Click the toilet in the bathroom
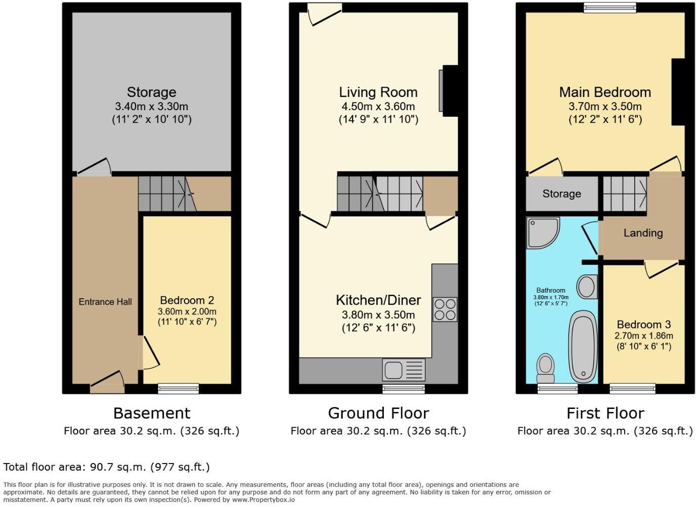click(545, 368)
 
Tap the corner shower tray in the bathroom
click(541, 232)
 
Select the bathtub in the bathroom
click(583, 346)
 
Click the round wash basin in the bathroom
click(587, 287)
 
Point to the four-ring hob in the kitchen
click(445, 309)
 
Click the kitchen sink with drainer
click(404, 371)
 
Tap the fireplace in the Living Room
click(449, 91)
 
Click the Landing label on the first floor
click(642, 233)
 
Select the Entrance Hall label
click(105, 302)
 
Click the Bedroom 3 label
click(639, 325)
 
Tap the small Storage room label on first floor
click(561, 194)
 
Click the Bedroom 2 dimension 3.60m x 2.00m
click(187, 311)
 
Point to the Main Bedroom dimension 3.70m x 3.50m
click(605, 107)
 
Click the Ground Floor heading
click(378, 413)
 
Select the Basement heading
click(152, 413)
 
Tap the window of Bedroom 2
click(178, 388)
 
